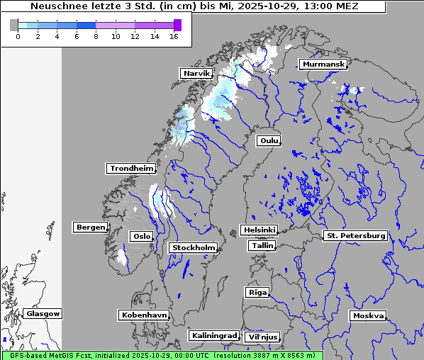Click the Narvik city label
point(196,73)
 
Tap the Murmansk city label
point(323,64)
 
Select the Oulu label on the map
point(269,140)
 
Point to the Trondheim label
point(131,168)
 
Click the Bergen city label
point(89,227)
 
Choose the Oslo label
point(140,236)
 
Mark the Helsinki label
point(259,230)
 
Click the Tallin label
point(262,245)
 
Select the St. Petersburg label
point(355,235)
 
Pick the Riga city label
point(257,292)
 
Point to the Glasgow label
point(43,313)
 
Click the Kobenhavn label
point(144,314)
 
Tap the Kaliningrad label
point(213,335)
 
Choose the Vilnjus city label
point(262,337)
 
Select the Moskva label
point(368,315)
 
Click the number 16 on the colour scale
point(174,35)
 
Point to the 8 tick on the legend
point(96,35)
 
